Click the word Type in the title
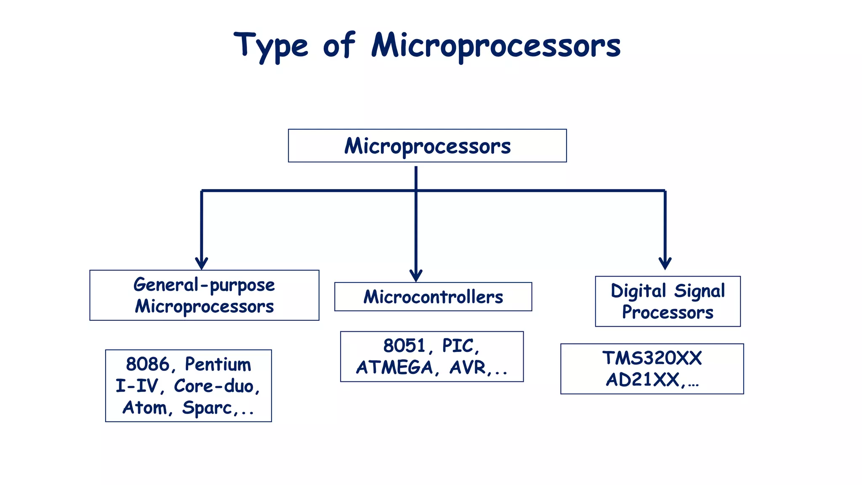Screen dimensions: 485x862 tap(271, 46)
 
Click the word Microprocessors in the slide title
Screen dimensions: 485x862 tap(496, 46)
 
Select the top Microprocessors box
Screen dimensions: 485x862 tap(427, 146)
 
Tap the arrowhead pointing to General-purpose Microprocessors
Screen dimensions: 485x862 tap(202, 264)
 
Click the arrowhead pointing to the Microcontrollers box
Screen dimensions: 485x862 tap(416, 276)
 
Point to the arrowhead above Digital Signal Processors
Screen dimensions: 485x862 tap(665, 264)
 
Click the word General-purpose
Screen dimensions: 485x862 tap(204, 285)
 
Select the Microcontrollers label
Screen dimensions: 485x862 tap(433, 297)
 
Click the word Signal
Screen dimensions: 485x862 tap(700, 291)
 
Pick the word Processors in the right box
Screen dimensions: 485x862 tap(668, 312)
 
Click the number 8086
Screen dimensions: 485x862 tap(148, 364)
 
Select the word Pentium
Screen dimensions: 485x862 tap(218, 364)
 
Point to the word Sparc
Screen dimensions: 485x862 tap(207, 408)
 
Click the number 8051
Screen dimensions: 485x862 tap(404, 346)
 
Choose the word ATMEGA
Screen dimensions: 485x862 tap(394, 368)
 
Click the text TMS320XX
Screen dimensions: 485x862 tap(652, 358)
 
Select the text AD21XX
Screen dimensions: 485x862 tap(643, 380)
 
